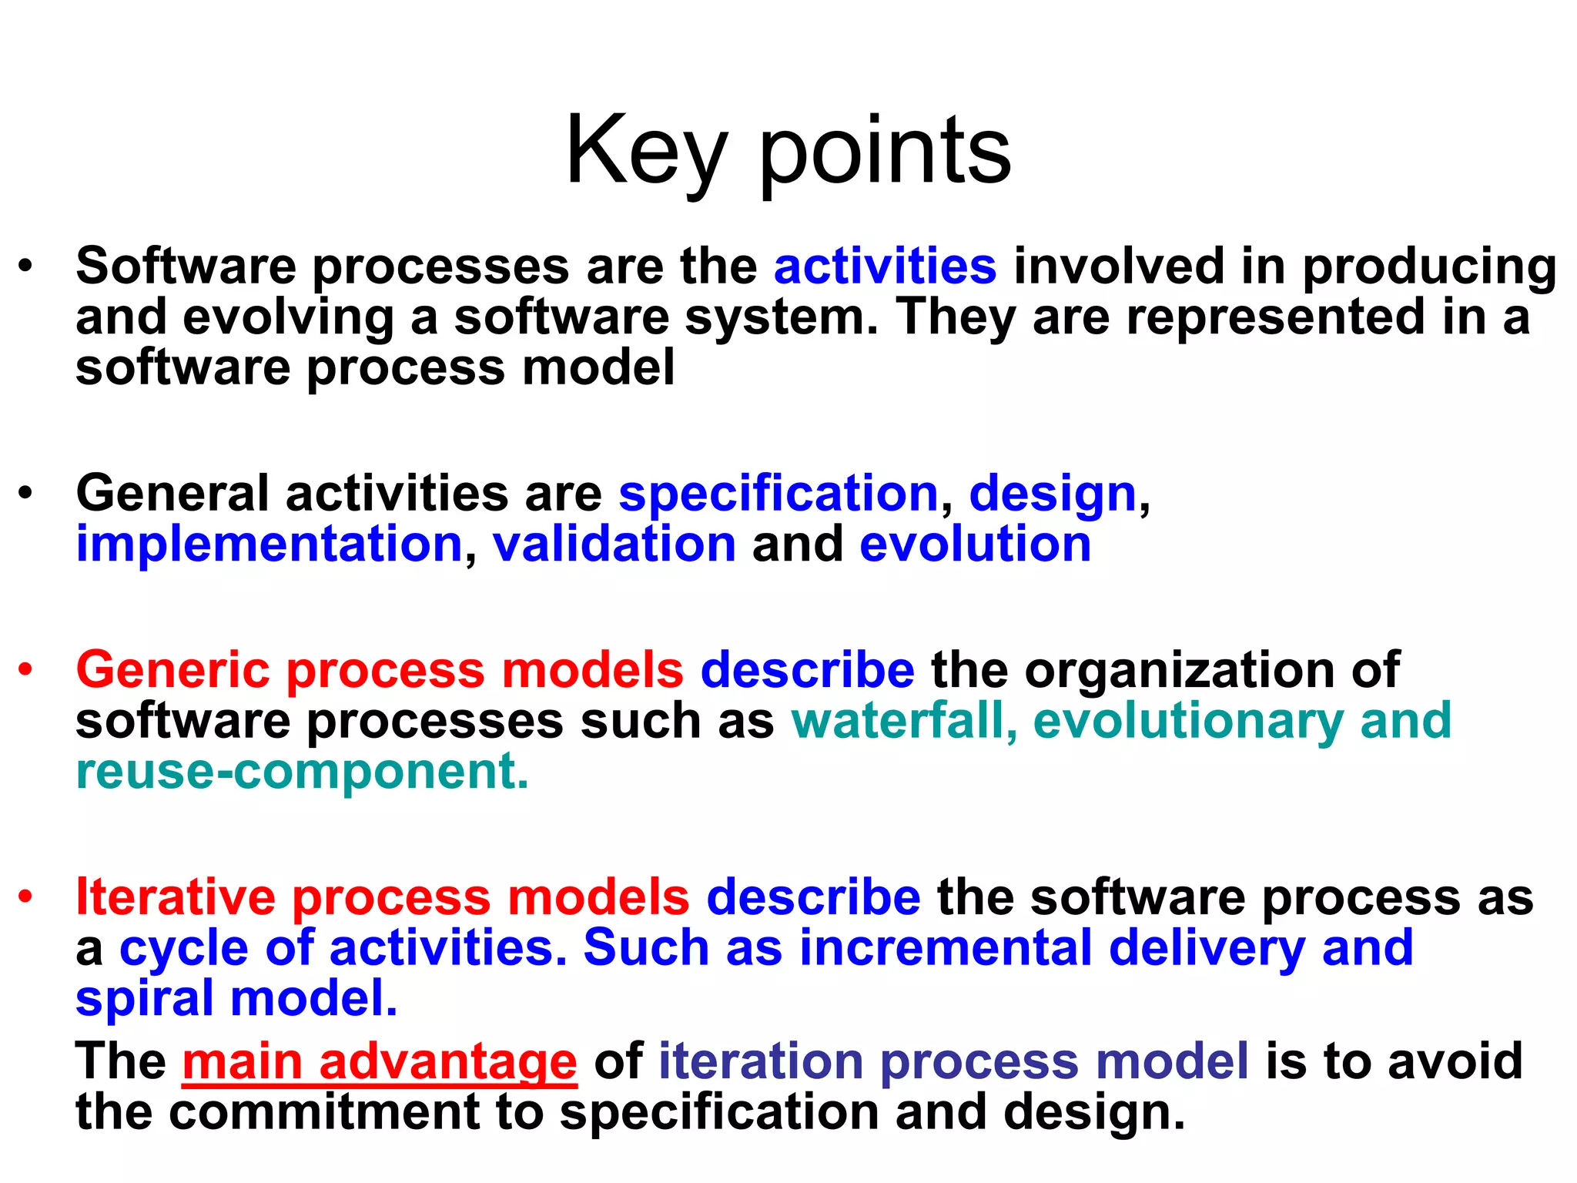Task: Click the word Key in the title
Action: click(x=646, y=150)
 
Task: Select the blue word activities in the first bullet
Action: click(x=885, y=266)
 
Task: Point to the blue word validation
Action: click(x=614, y=544)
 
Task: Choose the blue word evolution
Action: click(x=975, y=544)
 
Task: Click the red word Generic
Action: click(x=172, y=669)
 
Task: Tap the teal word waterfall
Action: click(x=896, y=720)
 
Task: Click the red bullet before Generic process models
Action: click(x=26, y=670)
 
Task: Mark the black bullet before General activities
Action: click(x=26, y=493)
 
